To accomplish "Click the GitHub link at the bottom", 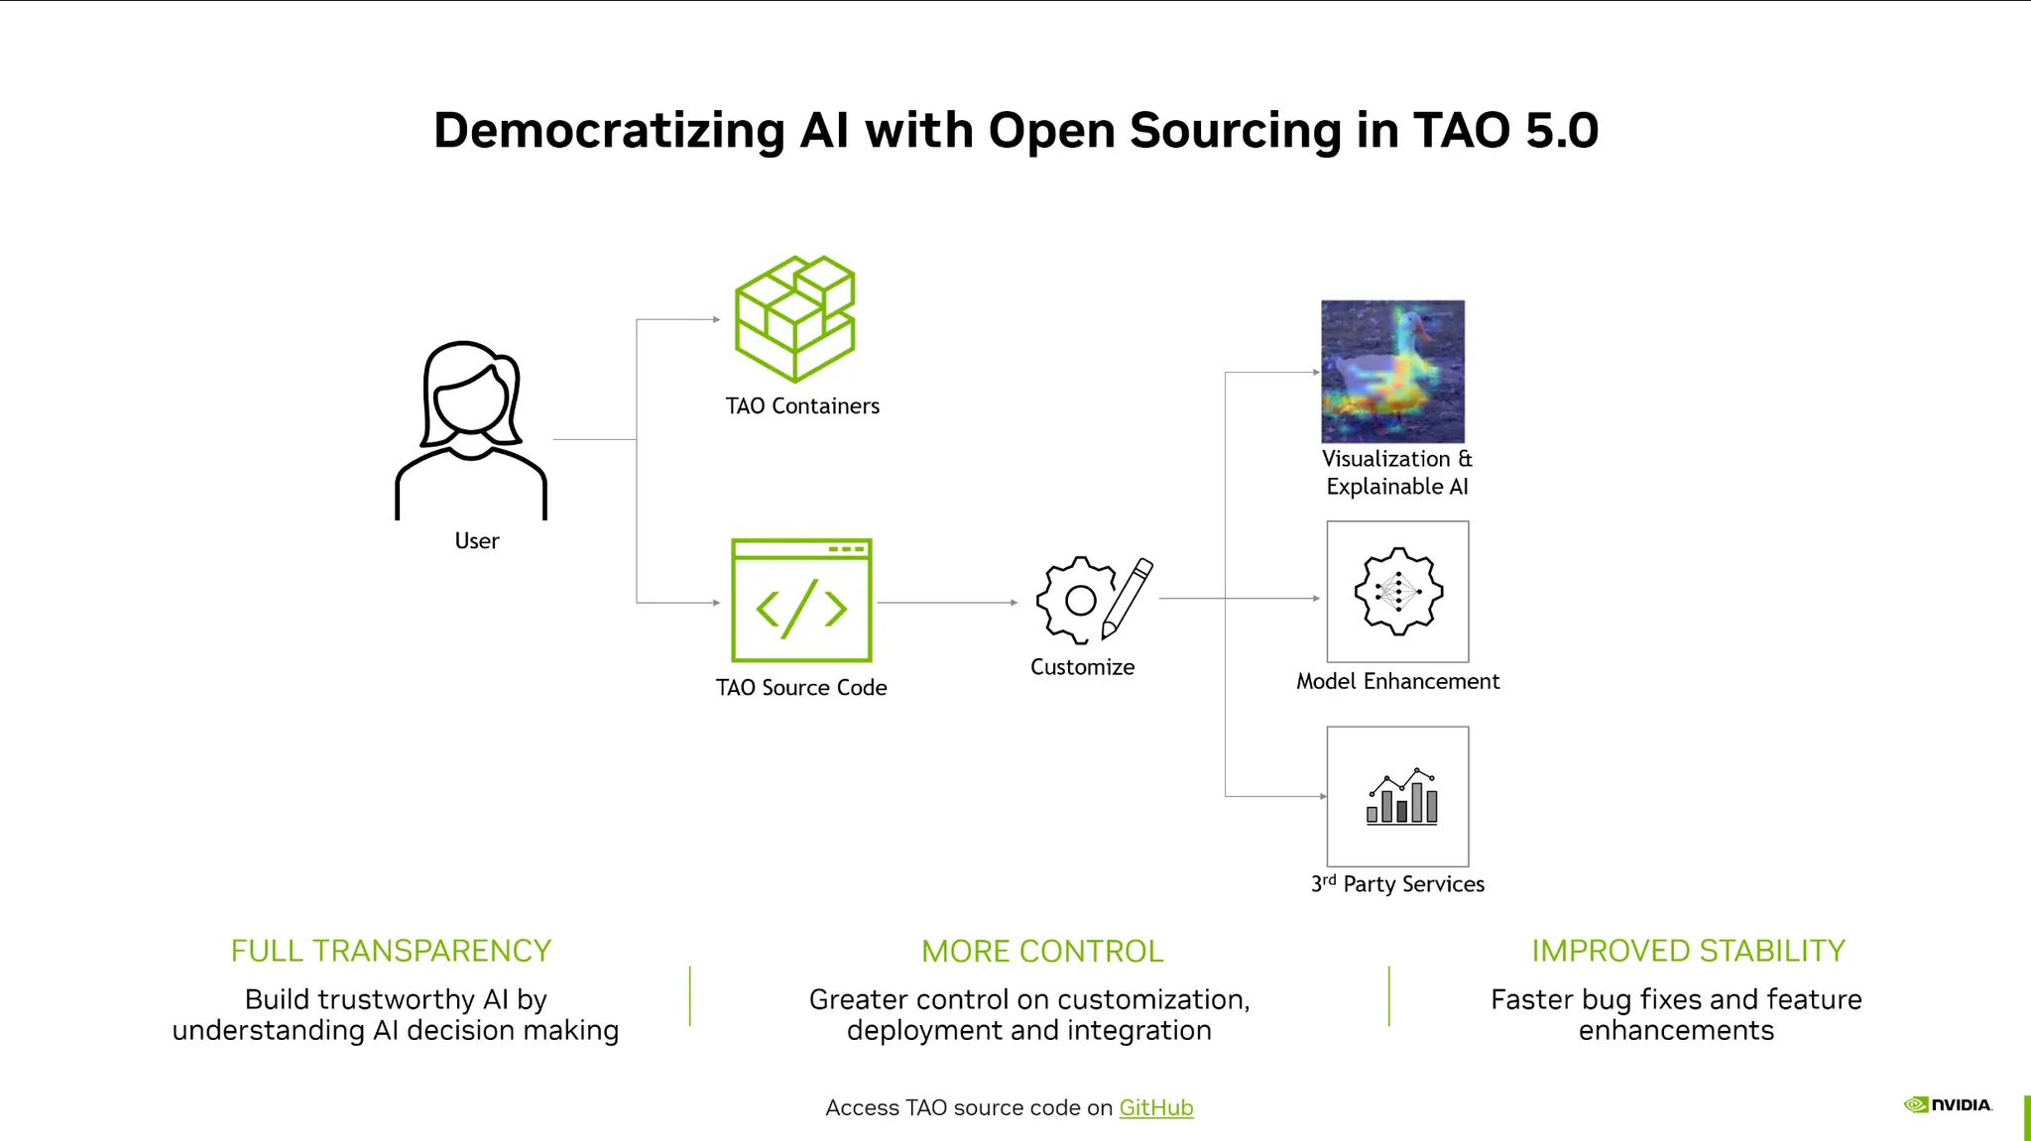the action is [x=1156, y=1107].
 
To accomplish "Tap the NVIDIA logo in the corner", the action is [x=1948, y=1104].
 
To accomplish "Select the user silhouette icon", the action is [x=471, y=430].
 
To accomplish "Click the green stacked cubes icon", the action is [x=794, y=318].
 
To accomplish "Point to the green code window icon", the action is [x=801, y=601].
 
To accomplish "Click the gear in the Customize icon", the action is [x=1074, y=600].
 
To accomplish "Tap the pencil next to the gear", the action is [x=1128, y=598].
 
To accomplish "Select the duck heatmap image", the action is [x=1392, y=372].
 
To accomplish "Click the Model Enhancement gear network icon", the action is [x=1398, y=591].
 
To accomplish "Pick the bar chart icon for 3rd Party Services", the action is [x=1402, y=796].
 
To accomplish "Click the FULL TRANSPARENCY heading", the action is [x=391, y=951].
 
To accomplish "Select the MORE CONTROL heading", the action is [x=1042, y=952].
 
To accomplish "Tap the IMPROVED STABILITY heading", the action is [x=1688, y=951].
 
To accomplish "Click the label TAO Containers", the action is [x=802, y=406].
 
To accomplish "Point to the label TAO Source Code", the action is [x=801, y=688].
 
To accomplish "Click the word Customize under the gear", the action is [x=1082, y=667].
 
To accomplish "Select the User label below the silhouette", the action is [x=477, y=541].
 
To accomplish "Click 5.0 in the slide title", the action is [x=1562, y=130].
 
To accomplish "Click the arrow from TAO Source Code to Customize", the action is [x=948, y=603].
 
